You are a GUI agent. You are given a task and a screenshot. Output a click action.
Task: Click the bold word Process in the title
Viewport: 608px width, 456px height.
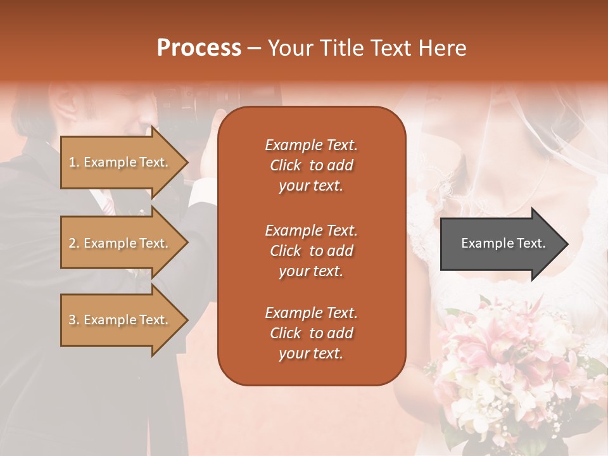click(199, 48)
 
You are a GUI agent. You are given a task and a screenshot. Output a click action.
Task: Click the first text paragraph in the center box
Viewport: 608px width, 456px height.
click(311, 165)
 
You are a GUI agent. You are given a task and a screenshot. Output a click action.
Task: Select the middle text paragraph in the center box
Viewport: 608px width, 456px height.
click(311, 251)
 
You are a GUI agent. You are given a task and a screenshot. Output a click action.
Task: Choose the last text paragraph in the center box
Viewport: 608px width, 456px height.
click(311, 333)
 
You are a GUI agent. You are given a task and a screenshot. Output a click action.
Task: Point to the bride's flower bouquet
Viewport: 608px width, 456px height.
click(507, 367)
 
